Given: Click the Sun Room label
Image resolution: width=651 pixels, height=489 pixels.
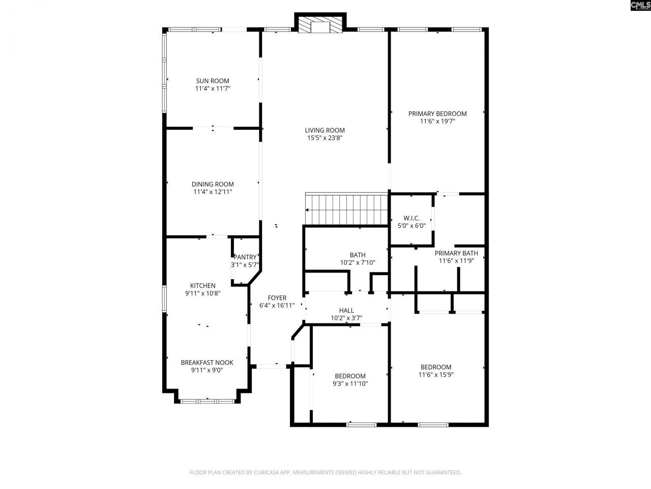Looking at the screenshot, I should coord(213,80).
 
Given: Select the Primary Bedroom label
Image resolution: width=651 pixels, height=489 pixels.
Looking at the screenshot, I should coord(437,114).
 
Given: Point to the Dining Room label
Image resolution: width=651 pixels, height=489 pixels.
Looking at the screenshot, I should coord(213,184).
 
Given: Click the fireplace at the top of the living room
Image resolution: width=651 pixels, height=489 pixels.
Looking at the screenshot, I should coord(320,25).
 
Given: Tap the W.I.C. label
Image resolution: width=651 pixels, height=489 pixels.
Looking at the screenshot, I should coord(411,218).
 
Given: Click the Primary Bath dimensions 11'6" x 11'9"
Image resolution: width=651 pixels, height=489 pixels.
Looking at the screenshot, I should coord(456,261).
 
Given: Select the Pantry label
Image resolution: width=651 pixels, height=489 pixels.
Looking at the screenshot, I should coord(245,257).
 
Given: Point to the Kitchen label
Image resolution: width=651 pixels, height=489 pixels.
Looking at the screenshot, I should coord(202,286).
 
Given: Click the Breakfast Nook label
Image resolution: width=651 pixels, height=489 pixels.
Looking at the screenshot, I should coord(207,363).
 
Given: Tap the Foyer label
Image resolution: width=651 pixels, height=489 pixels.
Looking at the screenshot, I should coord(277,298).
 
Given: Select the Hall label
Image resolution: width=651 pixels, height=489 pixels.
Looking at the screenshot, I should coord(346,310).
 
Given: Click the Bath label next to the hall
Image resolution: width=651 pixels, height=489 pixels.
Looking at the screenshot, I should coord(358,255).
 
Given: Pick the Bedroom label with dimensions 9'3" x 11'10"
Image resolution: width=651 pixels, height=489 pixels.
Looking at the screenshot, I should coord(350,376).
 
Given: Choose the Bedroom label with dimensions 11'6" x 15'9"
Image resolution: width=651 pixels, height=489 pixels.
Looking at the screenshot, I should coord(436,367).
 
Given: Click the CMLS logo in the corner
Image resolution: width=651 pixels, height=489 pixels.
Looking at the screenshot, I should coord(640,6).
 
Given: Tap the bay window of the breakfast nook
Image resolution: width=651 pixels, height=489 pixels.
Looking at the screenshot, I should coord(207,401).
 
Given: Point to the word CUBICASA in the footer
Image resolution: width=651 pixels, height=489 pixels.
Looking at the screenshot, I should coord(267,473).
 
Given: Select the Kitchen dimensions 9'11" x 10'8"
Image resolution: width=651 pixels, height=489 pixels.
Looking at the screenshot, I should coord(202,293).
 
